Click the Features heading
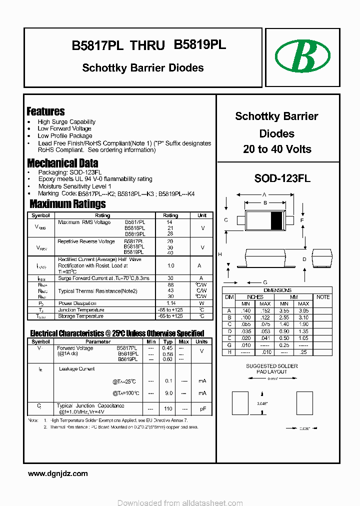point(45,111)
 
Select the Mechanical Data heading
point(62,163)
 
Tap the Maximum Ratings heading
point(67,203)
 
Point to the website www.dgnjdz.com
point(57,473)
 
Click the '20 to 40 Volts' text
point(277,149)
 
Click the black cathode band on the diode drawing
point(276,220)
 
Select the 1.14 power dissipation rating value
point(170,303)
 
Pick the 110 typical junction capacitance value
point(168,409)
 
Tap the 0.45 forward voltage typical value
point(167,348)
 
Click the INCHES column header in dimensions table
point(255,297)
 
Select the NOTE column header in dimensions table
point(323,297)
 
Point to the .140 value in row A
point(245,310)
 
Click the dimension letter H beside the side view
point(219,254)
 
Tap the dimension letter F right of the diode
point(302,220)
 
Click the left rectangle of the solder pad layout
point(240,401)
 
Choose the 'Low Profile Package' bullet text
point(65,135)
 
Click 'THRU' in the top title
point(147,45)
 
